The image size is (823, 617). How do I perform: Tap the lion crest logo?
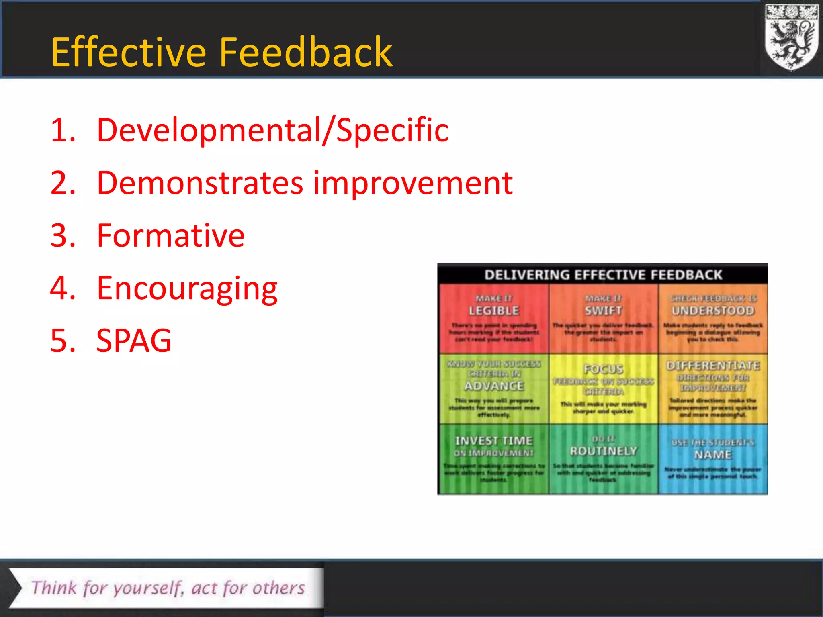[791, 37]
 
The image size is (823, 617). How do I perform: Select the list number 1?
[62, 131]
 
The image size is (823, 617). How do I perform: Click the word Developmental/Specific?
[272, 131]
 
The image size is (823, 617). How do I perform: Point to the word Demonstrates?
[200, 183]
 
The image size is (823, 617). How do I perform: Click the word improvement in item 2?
[413, 183]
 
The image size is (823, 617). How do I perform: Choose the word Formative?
[170, 236]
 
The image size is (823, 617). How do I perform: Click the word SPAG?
[134, 341]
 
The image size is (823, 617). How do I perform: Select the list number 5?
[62, 341]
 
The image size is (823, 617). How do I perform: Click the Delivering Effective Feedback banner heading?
[603, 275]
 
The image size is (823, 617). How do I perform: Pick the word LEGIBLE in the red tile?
[494, 311]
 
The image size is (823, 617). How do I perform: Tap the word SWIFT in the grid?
[603, 311]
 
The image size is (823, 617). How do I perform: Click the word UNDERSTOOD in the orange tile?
[713, 311]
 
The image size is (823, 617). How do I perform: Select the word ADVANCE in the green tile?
[494, 386]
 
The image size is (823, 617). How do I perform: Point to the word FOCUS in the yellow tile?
[603, 369]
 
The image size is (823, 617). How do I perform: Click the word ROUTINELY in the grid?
[603, 451]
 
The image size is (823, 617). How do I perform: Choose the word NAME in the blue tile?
[713, 455]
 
